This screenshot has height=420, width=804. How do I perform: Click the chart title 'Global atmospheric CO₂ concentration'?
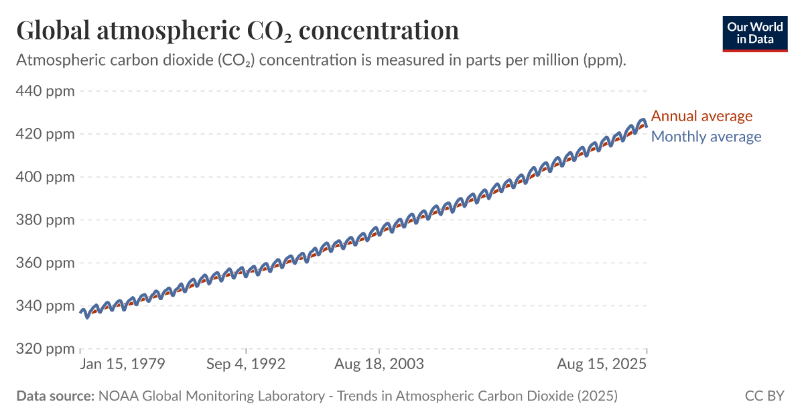tap(237, 31)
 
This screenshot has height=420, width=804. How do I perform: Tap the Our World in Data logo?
tap(755, 33)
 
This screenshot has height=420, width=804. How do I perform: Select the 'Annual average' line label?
tap(701, 116)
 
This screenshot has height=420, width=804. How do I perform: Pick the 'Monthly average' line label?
tap(706, 137)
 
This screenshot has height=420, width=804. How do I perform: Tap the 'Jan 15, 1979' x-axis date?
tap(122, 364)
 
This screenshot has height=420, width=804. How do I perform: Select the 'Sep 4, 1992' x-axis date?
tap(246, 364)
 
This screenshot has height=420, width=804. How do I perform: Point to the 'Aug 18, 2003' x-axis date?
tap(379, 364)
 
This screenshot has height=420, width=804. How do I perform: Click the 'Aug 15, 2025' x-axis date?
tap(602, 364)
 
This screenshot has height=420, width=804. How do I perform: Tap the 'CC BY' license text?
tap(764, 396)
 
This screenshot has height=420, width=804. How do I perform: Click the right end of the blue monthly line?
tap(646, 126)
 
